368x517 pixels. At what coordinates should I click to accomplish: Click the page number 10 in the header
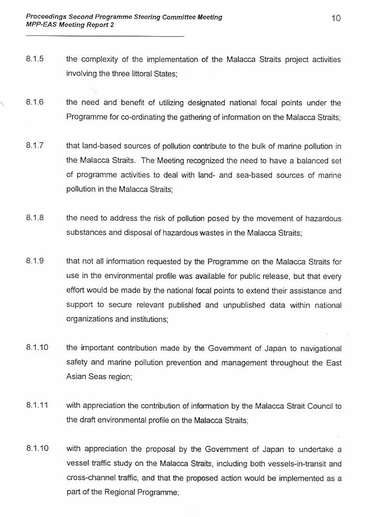point(336,18)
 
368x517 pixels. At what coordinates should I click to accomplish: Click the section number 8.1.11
point(36,406)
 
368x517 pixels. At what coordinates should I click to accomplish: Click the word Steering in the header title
point(127,17)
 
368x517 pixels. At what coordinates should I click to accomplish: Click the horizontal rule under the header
point(104,36)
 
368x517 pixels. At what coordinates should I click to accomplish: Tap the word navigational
point(317,348)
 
